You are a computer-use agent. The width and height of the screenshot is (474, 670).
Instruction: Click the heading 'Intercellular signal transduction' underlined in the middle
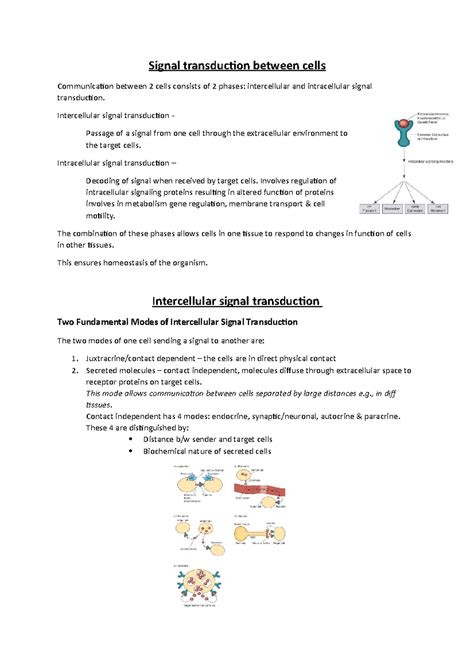coord(236,300)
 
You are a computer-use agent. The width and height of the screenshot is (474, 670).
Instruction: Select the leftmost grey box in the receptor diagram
coord(369,210)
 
